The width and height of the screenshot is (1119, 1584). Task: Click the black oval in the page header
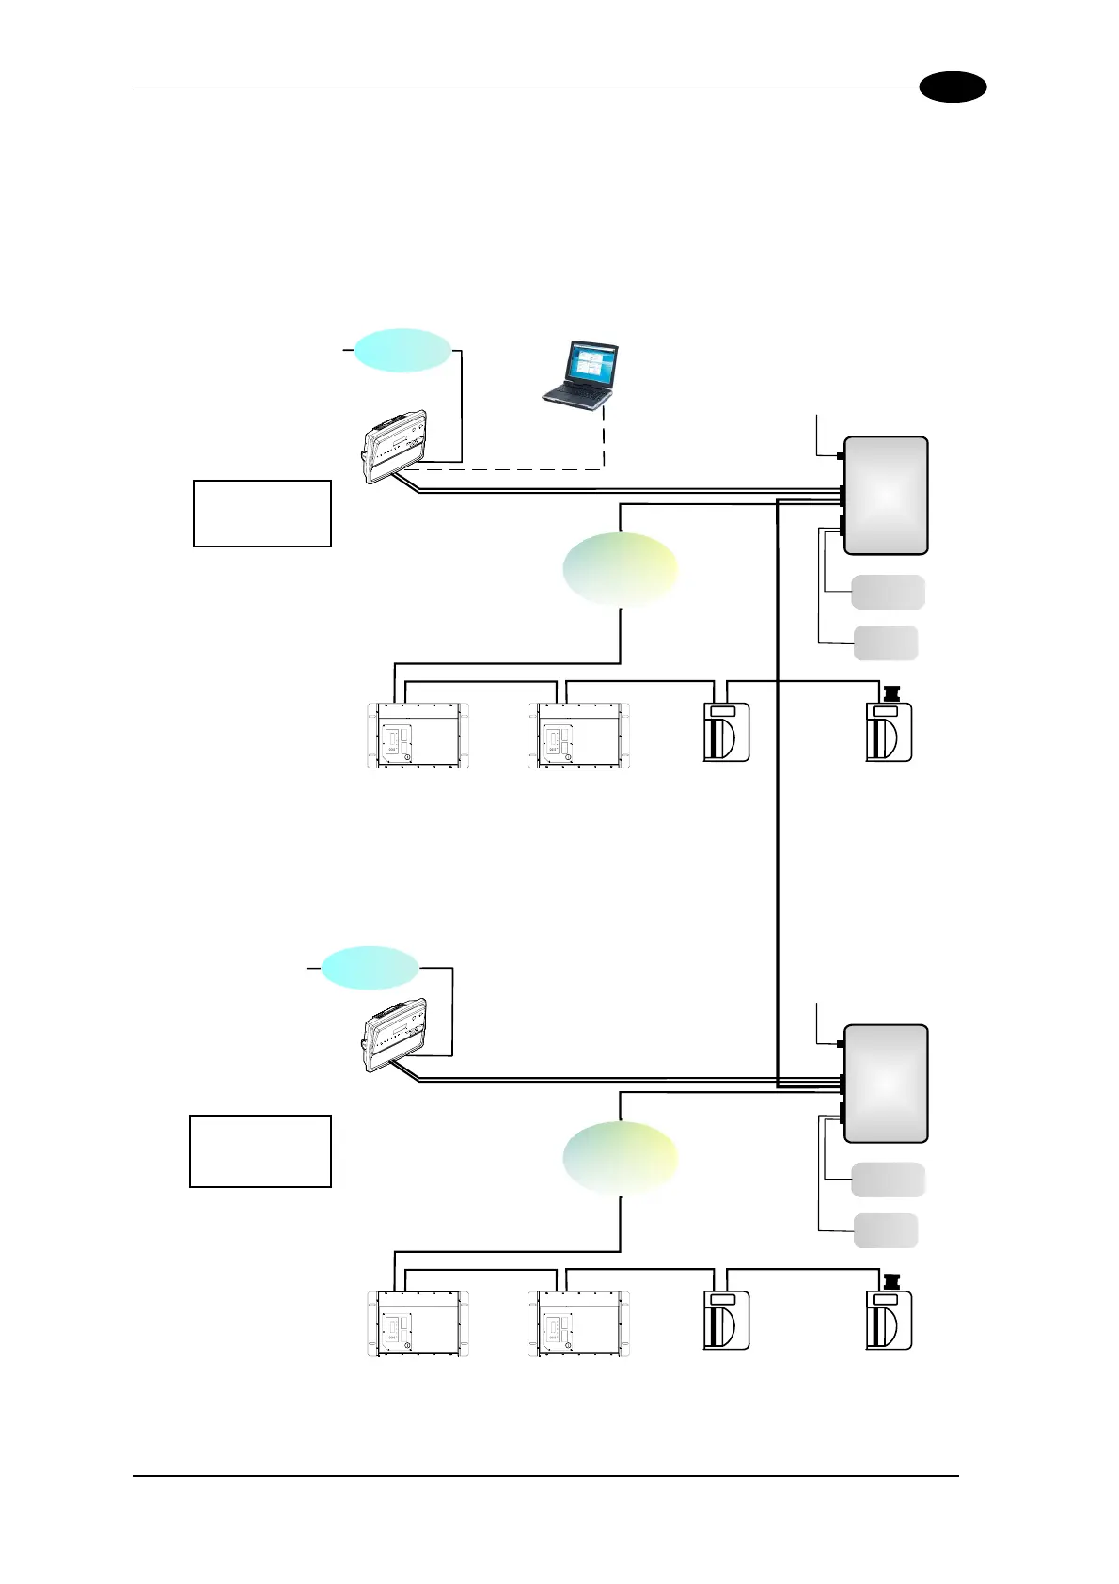(x=953, y=87)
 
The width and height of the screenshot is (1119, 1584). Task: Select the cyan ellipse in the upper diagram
(x=402, y=350)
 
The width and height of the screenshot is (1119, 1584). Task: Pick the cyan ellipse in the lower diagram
(x=370, y=967)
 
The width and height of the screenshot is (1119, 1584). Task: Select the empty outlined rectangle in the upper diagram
(x=262, y=514)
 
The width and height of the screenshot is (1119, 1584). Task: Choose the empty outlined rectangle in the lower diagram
(x=260, y=1150)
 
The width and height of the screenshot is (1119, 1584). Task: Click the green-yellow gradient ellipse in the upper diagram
(x=620, y=569)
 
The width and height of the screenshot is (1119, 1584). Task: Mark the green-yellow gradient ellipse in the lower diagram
(x=620, y=1158)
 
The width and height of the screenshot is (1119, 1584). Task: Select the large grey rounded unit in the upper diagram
(x=886, y=495)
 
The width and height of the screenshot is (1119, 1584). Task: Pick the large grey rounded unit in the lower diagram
(x=886, y=1084)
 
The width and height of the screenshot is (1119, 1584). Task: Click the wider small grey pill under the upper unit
(x=888, y=592)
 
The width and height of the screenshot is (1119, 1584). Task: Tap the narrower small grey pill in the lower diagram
(x=886, y=1230)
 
